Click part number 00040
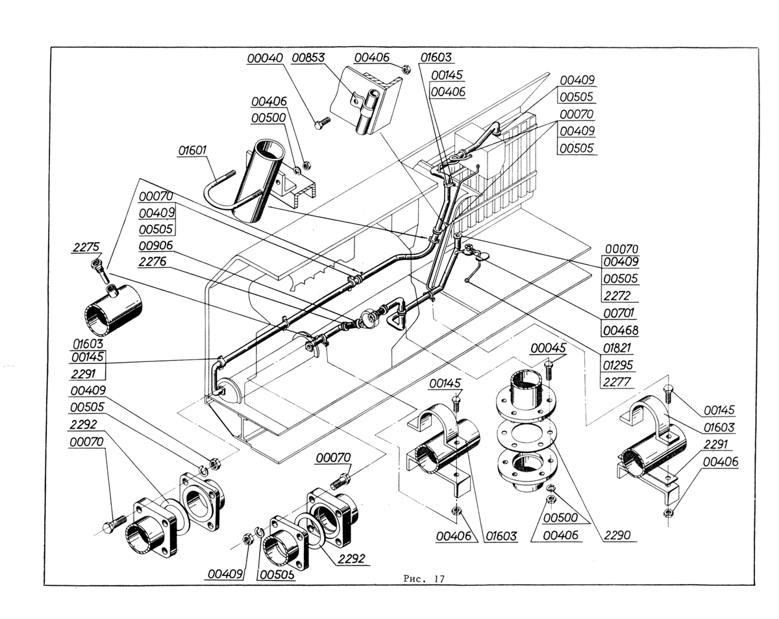tap(265, 58)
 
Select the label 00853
tap(308, 58)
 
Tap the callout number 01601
tap(192, 150)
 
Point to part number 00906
tap(156, 246)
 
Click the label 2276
tap(153, 261)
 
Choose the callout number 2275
tap(86, 247)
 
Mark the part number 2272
tap(617, 296)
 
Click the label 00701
tap(619, 313)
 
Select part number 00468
tap(621, 330)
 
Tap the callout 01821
tap(617, 348)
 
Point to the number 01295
tap(618, 365)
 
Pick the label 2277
tap(617, 382)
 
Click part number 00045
tap(548, 348)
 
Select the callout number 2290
tap(617, 535)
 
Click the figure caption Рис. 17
tap(424, 579)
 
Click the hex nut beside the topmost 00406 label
tap(406, 69)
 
